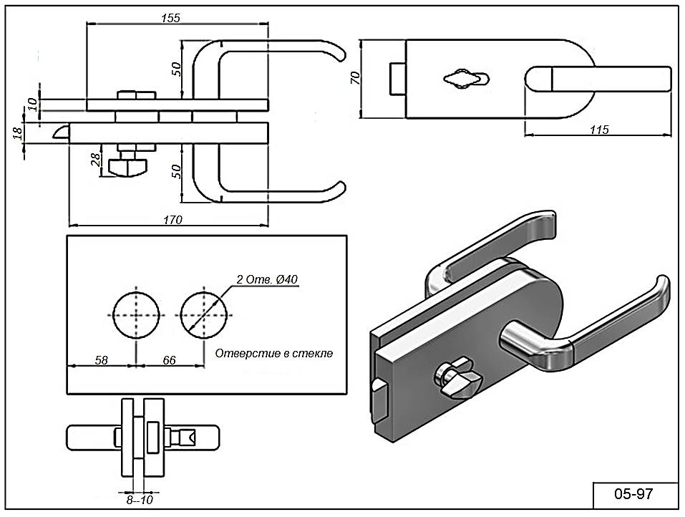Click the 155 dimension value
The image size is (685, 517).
pyautogui.click(x=170, y=17)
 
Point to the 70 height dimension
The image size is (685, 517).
pyautogui.click(x=354, y=77)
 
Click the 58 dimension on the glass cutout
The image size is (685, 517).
pyautogui.click(x=101, y=360)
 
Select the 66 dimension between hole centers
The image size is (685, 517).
pyautogui.click(x=169, y=360)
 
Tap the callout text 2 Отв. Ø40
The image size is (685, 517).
pyautogui.click(x=266, y=279)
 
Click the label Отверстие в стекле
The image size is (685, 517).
pyautogui.click(x=274, y=353)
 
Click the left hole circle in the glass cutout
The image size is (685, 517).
pyautogui.click(x=137, y=314)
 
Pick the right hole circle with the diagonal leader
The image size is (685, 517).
pyautogui.click(x=205, y=314)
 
